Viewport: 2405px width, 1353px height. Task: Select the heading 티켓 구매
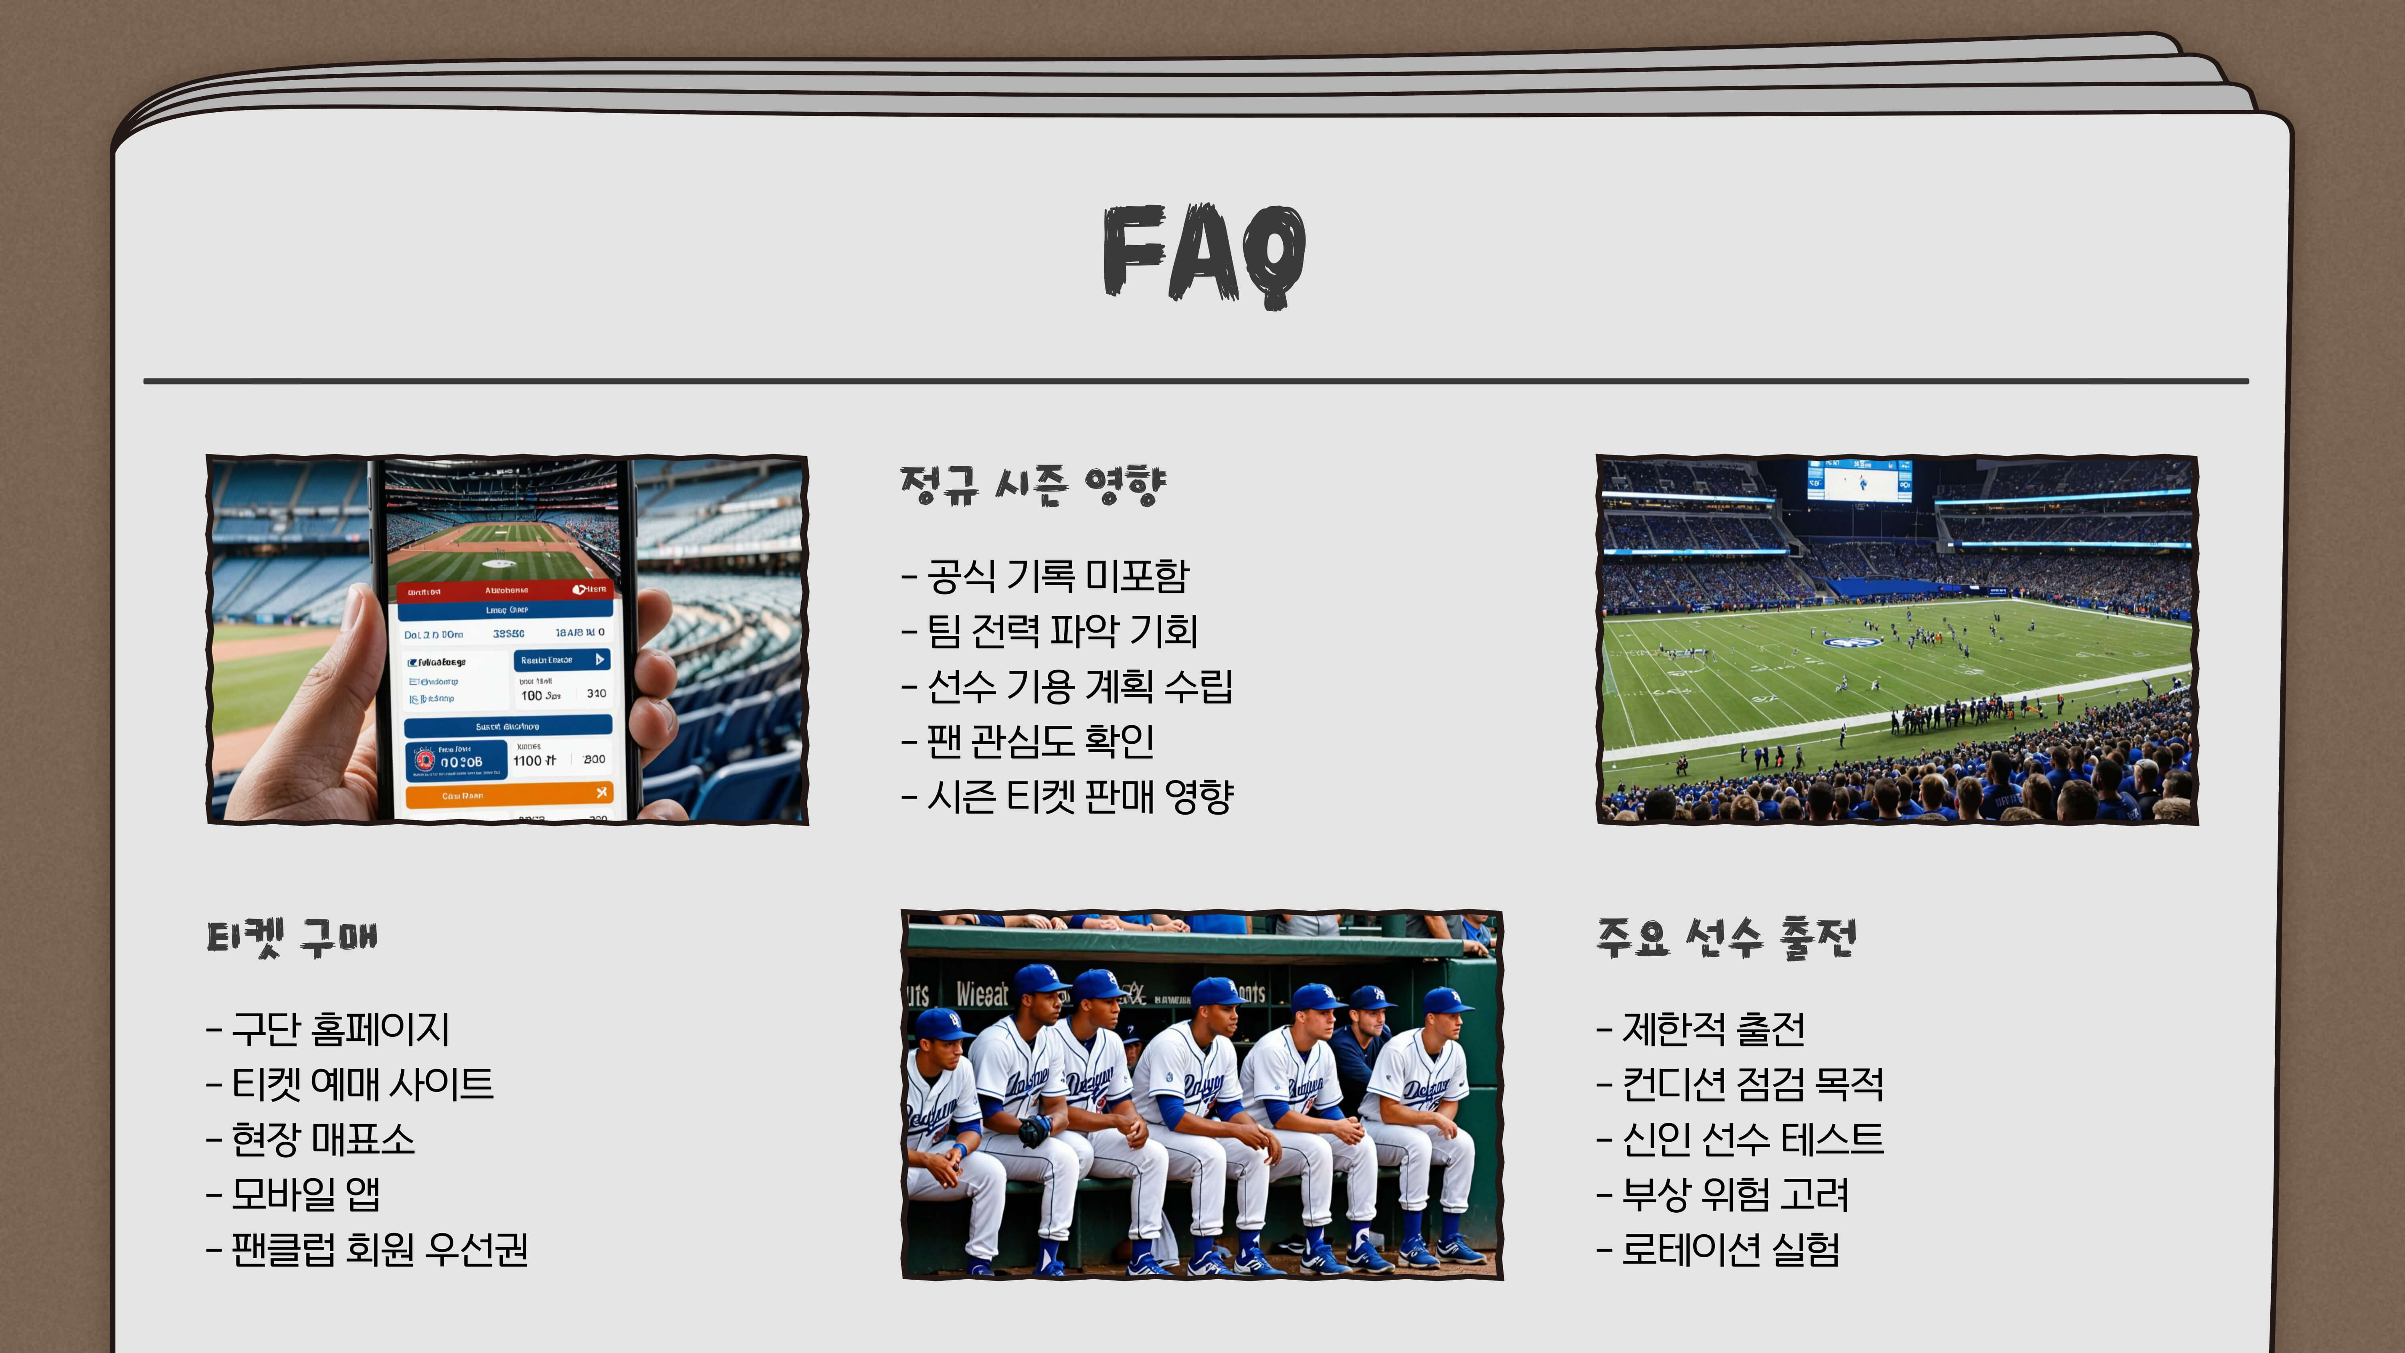coord(292,938)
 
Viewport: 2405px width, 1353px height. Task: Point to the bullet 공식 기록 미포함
coord(1046,576)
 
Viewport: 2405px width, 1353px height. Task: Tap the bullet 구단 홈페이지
coord(329,1029)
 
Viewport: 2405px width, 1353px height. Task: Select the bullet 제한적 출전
coord(1701,1029)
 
